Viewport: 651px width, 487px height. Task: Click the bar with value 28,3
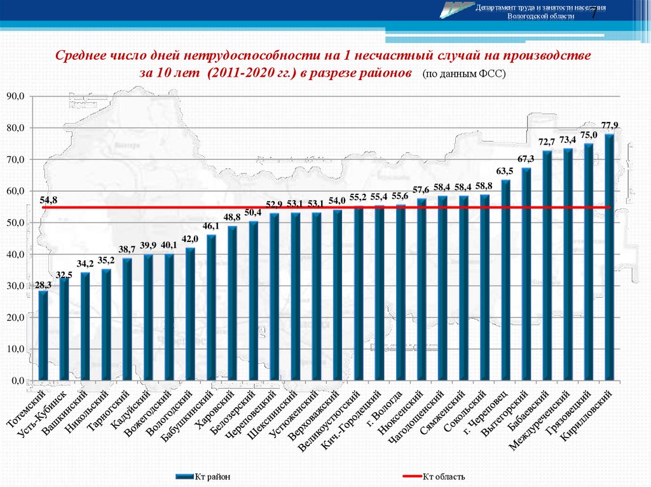click(43, 337)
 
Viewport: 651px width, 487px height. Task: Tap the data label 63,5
click(505, 171)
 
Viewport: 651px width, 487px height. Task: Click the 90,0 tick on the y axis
click(15, 96)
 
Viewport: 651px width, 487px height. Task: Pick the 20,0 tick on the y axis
click(15, 317)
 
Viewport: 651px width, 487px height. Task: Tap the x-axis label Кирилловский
click(592, 412)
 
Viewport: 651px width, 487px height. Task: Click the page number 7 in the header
click(594, 15)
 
